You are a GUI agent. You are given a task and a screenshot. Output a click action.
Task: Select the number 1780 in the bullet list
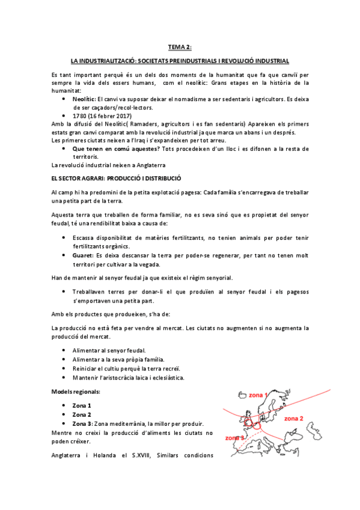tap(81, 115)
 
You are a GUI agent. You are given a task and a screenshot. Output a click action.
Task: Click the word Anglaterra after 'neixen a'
tap(144, 164)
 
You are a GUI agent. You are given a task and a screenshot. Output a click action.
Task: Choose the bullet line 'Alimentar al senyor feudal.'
tap(108, 350)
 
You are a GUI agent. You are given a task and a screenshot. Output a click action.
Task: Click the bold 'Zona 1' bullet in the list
tap(82, 405)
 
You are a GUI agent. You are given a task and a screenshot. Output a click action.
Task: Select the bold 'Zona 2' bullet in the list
tap(82, 414)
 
